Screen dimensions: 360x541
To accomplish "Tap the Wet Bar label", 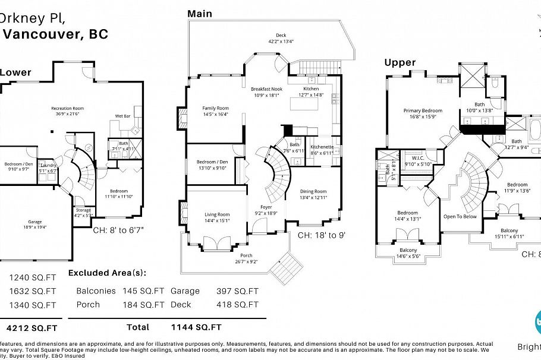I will tap(122, 116).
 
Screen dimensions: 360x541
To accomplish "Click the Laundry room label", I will tap(48, 166).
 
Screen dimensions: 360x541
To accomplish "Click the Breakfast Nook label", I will tap(265, 88).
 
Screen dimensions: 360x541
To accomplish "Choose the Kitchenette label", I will tap(322, 147).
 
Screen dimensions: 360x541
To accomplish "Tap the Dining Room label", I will tap(313, 192).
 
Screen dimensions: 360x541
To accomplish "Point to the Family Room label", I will tap(215, 108).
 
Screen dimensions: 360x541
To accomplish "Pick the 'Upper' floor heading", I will tap(400, 62).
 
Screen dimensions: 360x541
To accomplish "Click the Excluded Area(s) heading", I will tap(107, 273).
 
